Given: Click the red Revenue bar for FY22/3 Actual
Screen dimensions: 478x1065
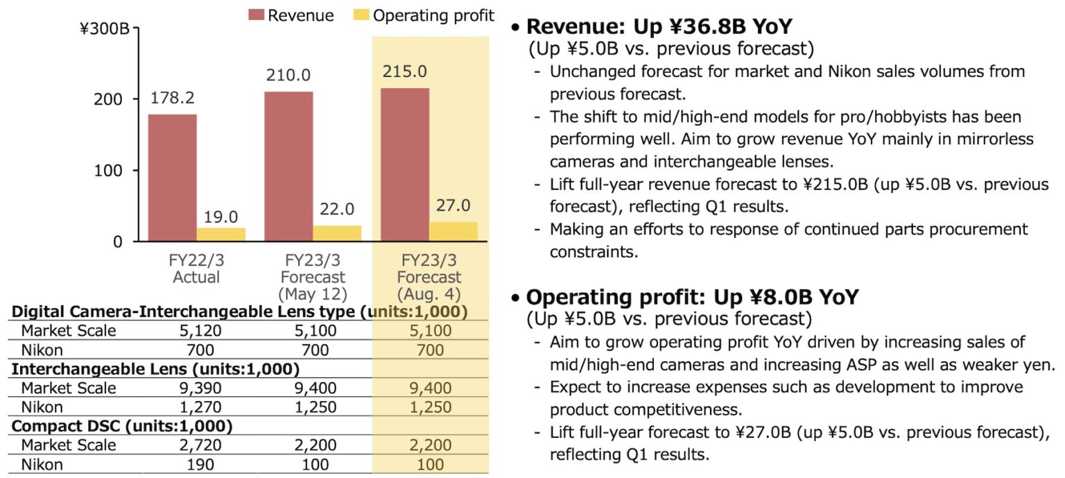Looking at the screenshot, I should (x=172, y=178).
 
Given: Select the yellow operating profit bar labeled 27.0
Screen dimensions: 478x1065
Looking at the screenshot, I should (x=453, y=232).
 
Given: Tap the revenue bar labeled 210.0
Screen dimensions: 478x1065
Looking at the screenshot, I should (x=288, y=167).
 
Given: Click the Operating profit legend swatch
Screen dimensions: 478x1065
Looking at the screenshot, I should (x=362, y=15).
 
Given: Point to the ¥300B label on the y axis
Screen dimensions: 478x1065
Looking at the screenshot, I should (x=106, y=30).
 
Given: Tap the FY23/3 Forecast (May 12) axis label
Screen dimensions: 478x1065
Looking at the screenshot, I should (x=312, y=277).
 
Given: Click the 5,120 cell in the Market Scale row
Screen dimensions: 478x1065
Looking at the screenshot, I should (x=196, y=331).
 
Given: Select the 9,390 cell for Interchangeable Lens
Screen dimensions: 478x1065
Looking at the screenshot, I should (x=196, y=388).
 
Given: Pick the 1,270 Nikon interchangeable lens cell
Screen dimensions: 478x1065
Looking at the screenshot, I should (x=196, y=407).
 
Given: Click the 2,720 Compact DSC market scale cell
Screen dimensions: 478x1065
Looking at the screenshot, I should (x=196, y=445).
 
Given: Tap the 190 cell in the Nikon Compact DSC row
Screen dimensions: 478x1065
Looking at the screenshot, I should (x=196, y=463).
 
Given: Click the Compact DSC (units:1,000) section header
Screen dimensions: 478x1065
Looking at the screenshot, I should (x=122, y=425).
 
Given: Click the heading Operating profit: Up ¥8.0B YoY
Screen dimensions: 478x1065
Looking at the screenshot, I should (x=692, y=297).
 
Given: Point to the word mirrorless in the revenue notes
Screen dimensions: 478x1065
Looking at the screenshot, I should (x=995, y=139).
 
